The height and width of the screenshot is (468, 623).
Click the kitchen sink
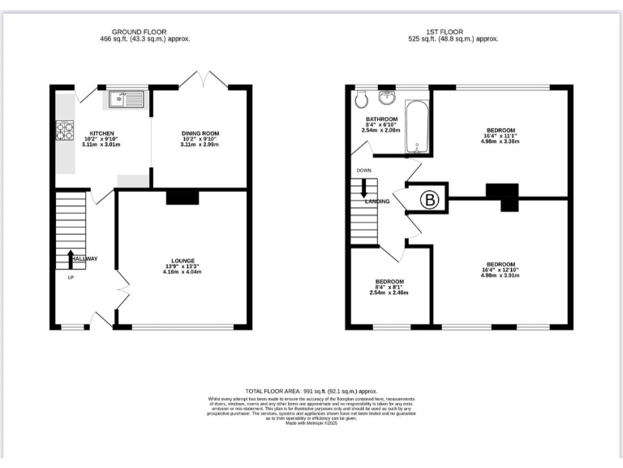click(126, 100)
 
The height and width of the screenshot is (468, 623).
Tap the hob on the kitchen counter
click(64, 130)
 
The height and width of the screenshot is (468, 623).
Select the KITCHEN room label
click(101, 133)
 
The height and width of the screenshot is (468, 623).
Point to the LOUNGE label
click(182, 261)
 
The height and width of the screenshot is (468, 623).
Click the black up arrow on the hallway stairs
click(70, 258)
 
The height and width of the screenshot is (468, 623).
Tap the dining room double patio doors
click(199, 80)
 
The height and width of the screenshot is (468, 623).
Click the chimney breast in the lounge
click(183, 197)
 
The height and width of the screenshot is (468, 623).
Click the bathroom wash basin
click(387, 99)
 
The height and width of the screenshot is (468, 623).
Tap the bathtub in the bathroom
click(417, 128)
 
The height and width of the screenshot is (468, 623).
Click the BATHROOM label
click(380, 119)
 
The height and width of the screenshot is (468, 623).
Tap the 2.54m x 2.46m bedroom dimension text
click(390, 292)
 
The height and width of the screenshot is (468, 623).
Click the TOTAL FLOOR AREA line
click(311, 391)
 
